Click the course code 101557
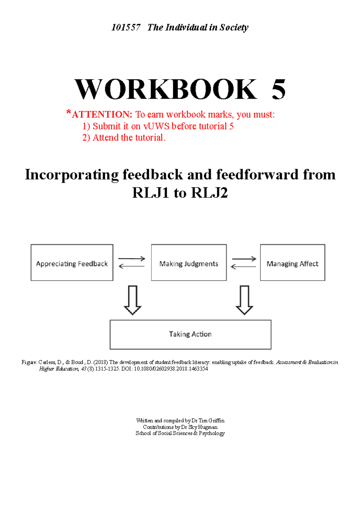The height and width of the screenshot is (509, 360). (126, 28)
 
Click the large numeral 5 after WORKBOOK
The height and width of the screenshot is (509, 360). (278, 89)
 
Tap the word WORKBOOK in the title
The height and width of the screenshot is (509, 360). (166, 89)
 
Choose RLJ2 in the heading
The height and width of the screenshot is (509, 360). (209, 193)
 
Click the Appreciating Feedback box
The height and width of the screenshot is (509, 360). (72, 263)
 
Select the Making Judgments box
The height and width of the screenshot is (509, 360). (189, 263)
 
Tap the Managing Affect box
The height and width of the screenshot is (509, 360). (292, 263)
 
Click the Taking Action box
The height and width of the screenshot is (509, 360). (190, 334)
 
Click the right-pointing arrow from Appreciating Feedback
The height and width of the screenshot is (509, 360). (132, 258)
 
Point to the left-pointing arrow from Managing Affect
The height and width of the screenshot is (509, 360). (243, 266)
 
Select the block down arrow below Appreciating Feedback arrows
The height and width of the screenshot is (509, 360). (133, 300)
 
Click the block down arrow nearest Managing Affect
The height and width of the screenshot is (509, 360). (244, 300)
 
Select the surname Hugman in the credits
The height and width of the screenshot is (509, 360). (208, 427)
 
